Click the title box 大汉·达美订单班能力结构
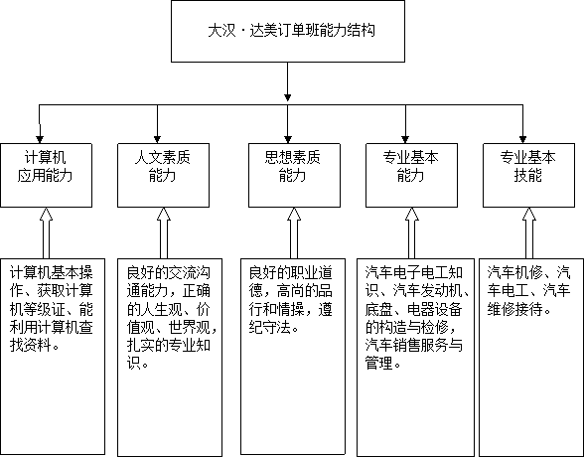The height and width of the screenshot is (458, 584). [288, 32]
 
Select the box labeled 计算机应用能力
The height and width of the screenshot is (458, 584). [46, 175]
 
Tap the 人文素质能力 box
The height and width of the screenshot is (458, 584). [164, 175]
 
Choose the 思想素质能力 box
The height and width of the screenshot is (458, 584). [294, 175]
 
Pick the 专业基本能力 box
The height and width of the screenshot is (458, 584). [411, 175]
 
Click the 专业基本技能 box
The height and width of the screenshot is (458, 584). [528, 175]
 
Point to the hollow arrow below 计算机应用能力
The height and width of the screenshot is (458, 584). [46, 232]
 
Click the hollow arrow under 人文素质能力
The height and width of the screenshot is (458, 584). [164, 232]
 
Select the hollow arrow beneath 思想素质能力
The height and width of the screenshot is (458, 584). [294, 232]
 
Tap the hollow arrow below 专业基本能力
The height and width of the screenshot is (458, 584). [411, 232]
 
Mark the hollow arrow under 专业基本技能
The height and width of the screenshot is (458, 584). [528, 232]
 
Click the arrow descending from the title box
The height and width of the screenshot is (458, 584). [288, 81]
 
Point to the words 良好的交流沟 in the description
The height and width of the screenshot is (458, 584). [169, 273]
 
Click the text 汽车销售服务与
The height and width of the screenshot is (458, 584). [414, 346]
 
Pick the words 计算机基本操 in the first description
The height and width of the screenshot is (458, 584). [52, 273]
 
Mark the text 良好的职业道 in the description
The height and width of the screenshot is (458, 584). [290, 273]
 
